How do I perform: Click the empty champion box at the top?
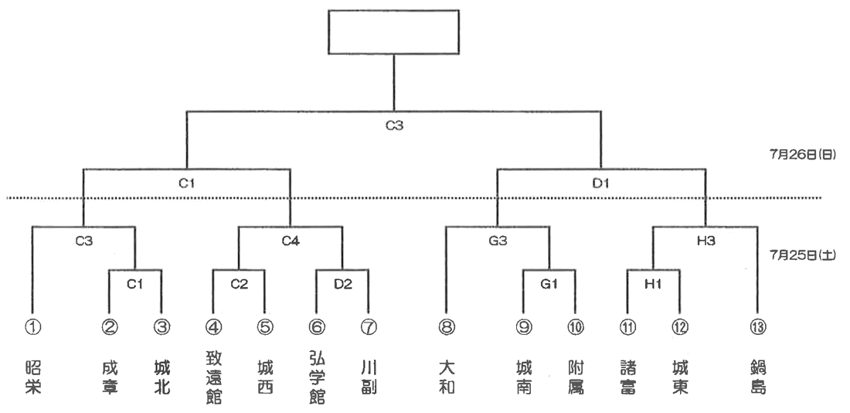[x=394, y=31]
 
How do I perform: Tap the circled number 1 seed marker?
[x=33, y=327]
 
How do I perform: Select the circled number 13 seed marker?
[x=756, y=327]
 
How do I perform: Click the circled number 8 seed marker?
[x=445, y=327]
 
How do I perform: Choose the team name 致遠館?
[x=213, y=378]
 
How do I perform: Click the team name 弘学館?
[x=316, y=378]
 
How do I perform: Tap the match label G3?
[x=498, y=241]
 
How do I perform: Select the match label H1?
[x=654, y=283]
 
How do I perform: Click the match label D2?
[x=342, y=283]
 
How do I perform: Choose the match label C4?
[x=291, y=241]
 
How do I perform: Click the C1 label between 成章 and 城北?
[x=135, y=283]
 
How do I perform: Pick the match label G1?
[x=549, y=283]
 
